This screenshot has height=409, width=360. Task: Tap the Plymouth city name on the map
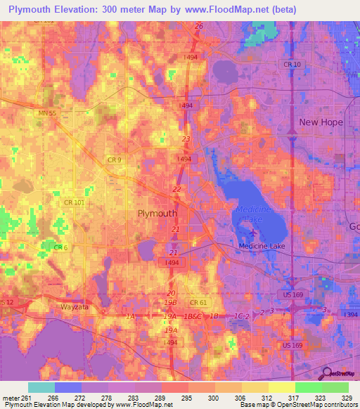(157, 213)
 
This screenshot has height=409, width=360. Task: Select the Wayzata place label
(78, 307)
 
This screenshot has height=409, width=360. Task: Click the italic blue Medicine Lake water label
(254, 214)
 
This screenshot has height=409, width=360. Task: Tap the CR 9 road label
(114, 160)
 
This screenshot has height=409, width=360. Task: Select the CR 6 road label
(61, 247)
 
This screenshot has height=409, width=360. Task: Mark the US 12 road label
(6, 302)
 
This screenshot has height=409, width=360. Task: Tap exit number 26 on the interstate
(199, 26)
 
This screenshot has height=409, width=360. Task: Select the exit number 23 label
(186, 139)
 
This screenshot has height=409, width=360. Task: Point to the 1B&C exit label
(193, 318)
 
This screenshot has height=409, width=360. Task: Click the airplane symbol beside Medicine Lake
(252, 233)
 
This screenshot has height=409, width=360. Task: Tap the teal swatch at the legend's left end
(41, 387)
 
